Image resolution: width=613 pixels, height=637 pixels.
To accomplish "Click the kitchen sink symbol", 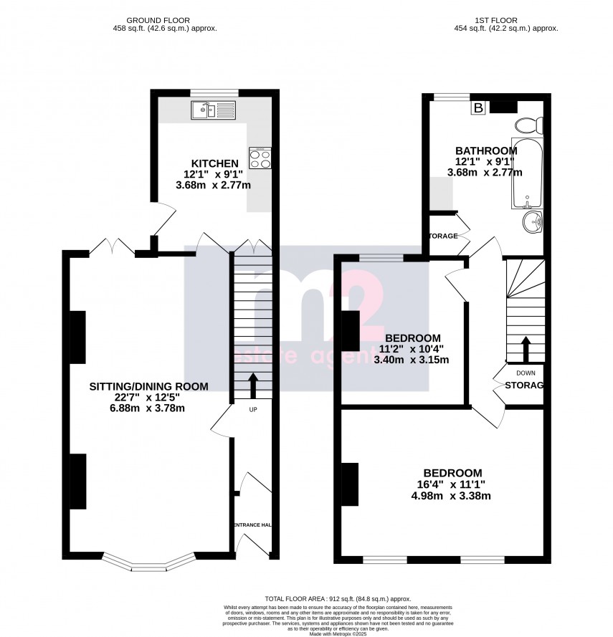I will click(212, 110).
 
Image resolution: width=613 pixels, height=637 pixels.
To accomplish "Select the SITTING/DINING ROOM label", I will click(148, 386).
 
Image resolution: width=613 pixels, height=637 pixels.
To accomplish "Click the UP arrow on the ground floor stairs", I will click(252, 385).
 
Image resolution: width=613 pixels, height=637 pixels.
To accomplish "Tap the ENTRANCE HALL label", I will click(252, 525).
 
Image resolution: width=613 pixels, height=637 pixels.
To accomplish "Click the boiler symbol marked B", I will click(477, 108).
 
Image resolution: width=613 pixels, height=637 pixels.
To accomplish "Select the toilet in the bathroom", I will click(531, 125).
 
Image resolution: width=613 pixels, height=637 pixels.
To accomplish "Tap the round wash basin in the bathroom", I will click(532, 222).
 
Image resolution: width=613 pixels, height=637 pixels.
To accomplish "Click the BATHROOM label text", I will click(486, 150).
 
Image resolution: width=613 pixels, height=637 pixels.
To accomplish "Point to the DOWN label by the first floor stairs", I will click(525, 373).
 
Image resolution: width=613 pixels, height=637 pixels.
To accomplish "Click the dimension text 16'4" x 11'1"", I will click(452, 484).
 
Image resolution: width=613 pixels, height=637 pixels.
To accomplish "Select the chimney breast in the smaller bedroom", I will click(351, 331).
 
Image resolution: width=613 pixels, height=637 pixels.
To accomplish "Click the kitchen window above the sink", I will click(214, 92).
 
